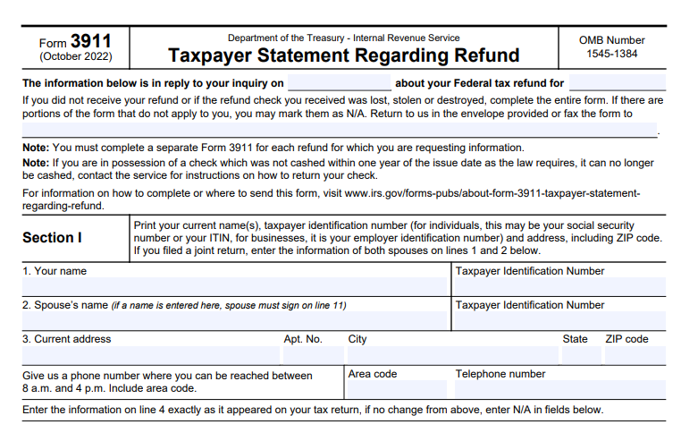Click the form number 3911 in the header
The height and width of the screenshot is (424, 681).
[91, 40]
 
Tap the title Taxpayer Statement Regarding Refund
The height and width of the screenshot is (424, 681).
[343, 55]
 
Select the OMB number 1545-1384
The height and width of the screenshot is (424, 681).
[611, 54]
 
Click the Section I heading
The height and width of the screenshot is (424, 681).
[52, 238]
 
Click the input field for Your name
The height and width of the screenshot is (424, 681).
[234, 287]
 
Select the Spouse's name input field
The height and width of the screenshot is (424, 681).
[234, 321]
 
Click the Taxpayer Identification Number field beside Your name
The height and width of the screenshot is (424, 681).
[559, 287]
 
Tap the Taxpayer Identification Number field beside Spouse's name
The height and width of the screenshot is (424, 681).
[559, 321]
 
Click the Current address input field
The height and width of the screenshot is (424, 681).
[150, 355]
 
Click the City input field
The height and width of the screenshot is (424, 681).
[451, 355]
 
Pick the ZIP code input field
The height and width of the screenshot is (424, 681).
[635, 355]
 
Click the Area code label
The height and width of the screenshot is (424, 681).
[373, 374]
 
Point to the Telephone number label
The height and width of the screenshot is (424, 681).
[500, 374]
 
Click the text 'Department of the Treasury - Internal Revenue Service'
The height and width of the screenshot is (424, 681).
[343, 38]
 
